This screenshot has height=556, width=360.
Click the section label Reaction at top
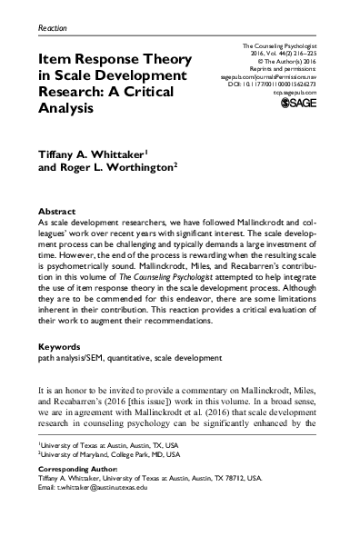(53, 29)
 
